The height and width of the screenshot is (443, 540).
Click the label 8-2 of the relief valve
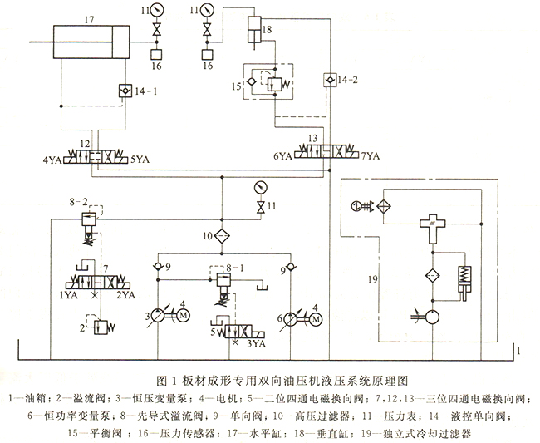78,201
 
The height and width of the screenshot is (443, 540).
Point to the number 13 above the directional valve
312,137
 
